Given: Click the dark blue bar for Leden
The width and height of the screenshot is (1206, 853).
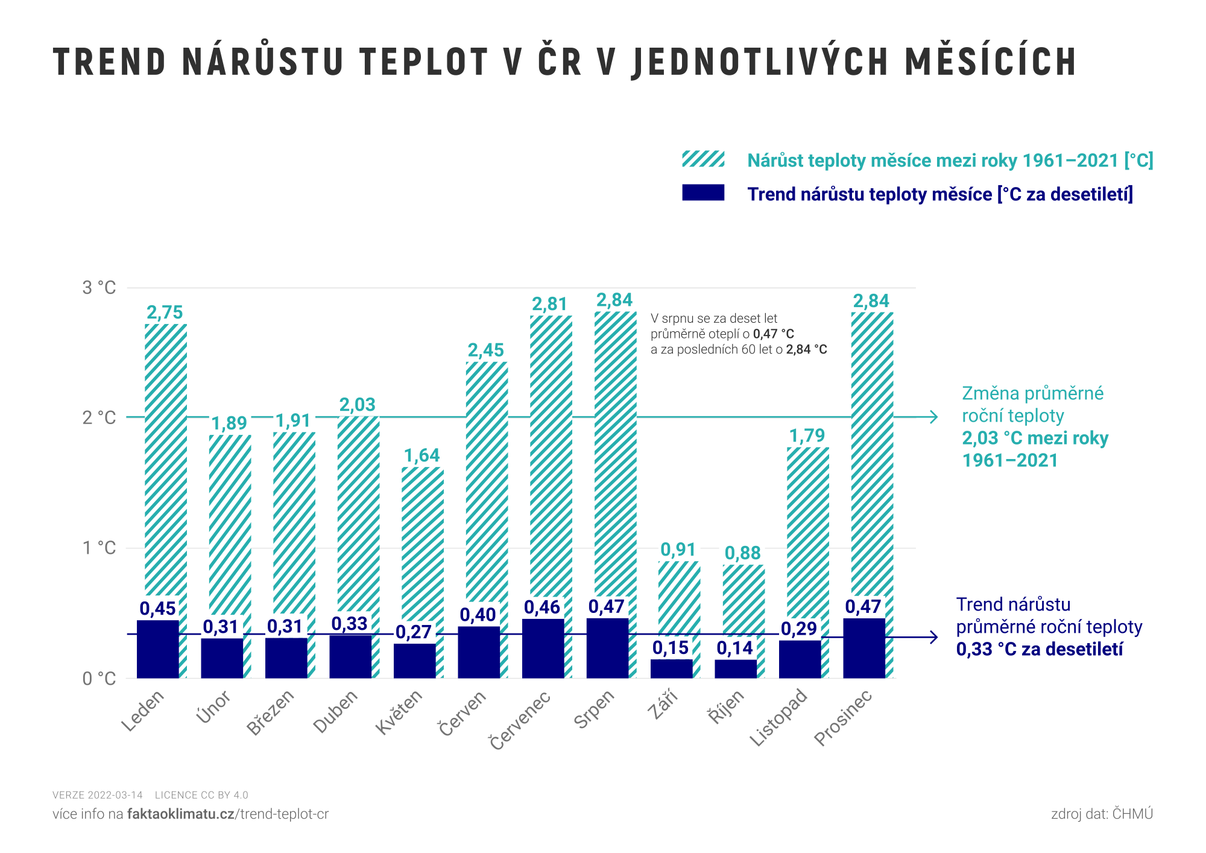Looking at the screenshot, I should click(x=157, y=649).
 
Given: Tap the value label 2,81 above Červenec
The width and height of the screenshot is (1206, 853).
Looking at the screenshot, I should click(x=549, y=304).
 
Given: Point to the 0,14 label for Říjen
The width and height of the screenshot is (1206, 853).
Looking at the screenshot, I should click(x=734, y=648).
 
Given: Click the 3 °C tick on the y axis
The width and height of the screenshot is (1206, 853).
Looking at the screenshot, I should click(x=99, y=287).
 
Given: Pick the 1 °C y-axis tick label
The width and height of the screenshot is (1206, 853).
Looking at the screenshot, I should click(x=99, y=548).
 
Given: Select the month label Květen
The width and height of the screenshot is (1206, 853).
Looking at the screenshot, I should click(x=399, y=712).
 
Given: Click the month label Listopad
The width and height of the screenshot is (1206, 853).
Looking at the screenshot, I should click(x=778, y=718).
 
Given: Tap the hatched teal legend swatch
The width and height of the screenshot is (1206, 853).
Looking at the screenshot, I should click(x=703, y=159).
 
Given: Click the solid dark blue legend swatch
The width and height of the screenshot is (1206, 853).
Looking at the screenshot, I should click(x=703, y=192).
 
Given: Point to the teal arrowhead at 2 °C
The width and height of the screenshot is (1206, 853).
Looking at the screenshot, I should click(x=934, y=417).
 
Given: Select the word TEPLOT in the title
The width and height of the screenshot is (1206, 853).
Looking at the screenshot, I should click(x=423, y=62).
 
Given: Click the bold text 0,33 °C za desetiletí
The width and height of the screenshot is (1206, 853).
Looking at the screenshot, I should click(x=1040, y=649).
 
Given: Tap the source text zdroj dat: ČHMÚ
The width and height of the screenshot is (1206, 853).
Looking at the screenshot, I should click(x=1102, y=814).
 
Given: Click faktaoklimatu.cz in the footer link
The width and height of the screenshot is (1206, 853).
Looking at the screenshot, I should click(x=180, y=814).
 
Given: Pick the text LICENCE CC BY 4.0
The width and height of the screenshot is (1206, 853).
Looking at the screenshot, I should click(x=201, y=795).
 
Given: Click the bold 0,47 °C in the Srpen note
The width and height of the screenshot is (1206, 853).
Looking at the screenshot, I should click(x=773, y=334).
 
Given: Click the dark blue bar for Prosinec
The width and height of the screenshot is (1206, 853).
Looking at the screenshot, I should click(x=864, y=648).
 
